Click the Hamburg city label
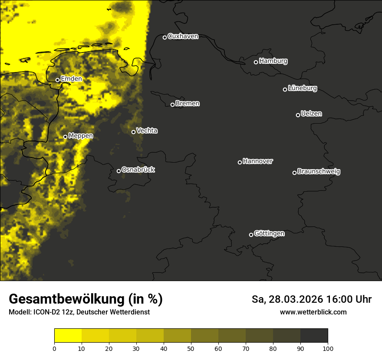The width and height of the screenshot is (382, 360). pyautogui.click(x=273, y=61)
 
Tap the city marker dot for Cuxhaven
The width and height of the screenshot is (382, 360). pyautogui.click(x=165, y=37)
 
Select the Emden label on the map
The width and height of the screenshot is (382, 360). pyautogui.click(x=71, y=79)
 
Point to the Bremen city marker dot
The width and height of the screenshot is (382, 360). pyautogui.click(x=172, y=105)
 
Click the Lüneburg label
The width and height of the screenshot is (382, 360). pyautogui.click(x=302, y=88)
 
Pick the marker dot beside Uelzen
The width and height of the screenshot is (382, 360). pyautogui.click(x=298, y=115)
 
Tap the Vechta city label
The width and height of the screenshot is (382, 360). pyautogui.click(x=147, y=131)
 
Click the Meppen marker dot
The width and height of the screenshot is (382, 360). pyautogui.click(x=65, y=137)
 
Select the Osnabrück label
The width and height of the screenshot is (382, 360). pyautogui.click(x=138, y=170)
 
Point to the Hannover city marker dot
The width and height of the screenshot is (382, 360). pyautogui.click(x=240, y=162)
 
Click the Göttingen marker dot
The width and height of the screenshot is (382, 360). pyautogui.click(x=251, y=235)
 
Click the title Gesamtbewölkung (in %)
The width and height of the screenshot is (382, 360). pyautogui.click(x=86, y=299)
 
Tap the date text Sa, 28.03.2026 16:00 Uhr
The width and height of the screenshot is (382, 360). pyautogui.click(x=311, y=299)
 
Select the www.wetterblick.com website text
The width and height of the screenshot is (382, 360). pyautogui.click(x=313, y=312)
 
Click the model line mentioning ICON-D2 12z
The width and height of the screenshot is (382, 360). pyautogui.click(x=79, y=312)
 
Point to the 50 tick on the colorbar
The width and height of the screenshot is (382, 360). pyautogui.click(x=191, y=348)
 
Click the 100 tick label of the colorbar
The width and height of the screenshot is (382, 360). pyautogui.click(x=328, y=348)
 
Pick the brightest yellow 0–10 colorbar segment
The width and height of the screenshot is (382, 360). pyautogui.click(x=68, y=335)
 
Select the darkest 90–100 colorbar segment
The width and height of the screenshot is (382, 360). pyautogui.click(x=314, y=335)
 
